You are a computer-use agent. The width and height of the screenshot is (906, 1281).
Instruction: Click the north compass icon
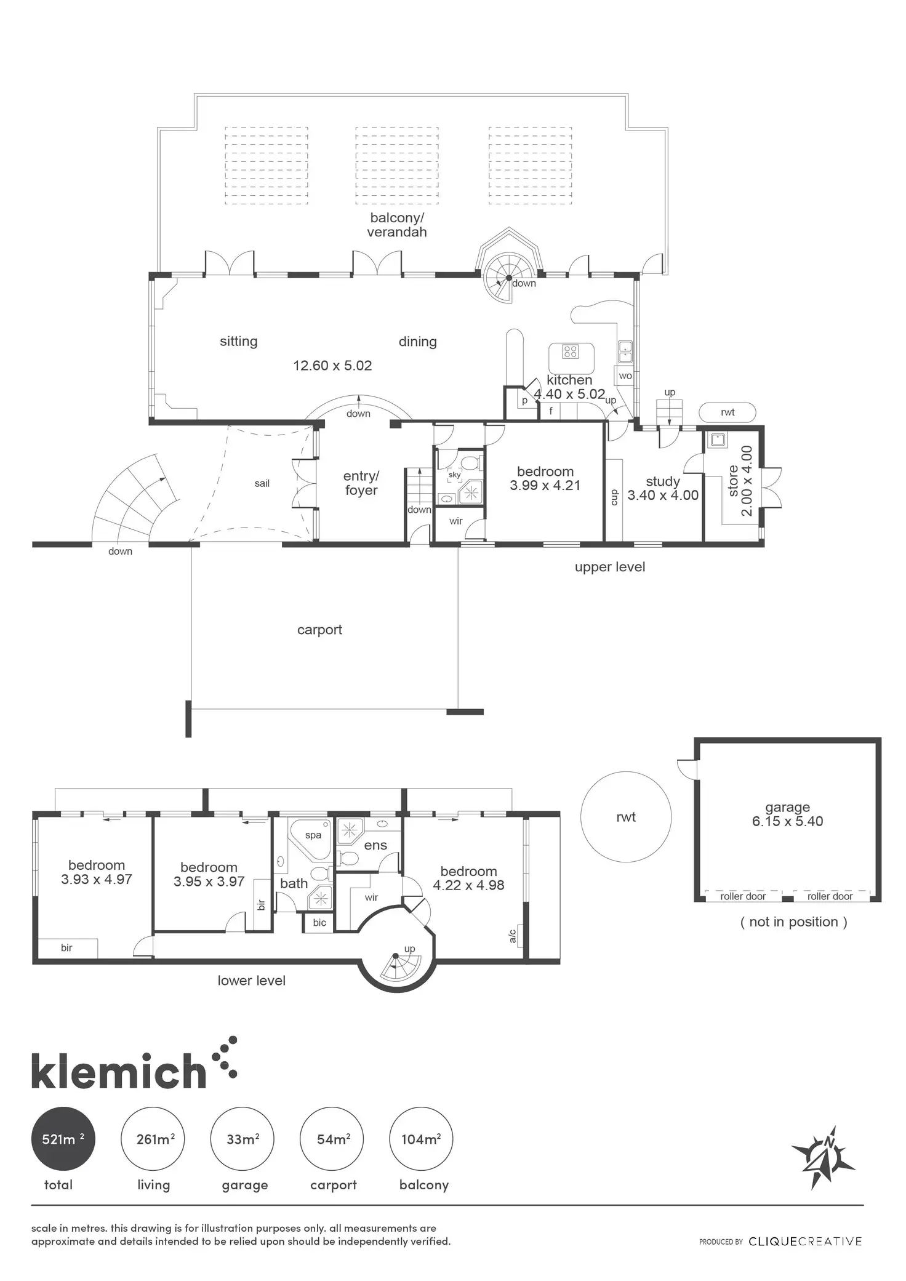[823, 1158]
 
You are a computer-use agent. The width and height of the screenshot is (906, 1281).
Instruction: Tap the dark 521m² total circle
[63, 1139]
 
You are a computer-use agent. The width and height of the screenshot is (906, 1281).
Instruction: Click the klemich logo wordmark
[118, 1072]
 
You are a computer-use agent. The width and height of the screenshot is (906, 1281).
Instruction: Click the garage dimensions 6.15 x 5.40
[787, 821]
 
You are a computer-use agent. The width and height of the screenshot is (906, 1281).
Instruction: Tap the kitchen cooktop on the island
[571, 351]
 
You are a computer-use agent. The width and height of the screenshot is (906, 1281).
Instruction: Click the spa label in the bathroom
[313, 835]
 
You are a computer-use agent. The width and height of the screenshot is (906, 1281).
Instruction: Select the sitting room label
[239, 342]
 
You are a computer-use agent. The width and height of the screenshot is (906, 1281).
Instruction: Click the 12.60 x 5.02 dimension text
[332, 366]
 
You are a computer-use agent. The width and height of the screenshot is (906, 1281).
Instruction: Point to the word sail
[262, 483]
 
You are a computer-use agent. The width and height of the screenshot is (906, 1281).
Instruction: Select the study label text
[663, 481]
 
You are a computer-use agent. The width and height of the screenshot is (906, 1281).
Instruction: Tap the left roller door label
[743, 896]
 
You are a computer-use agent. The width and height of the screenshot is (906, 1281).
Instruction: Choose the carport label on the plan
[319, 630]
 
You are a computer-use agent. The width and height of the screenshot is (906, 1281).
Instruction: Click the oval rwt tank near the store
[728, 412]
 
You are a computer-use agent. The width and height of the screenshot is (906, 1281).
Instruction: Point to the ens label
[375, 845]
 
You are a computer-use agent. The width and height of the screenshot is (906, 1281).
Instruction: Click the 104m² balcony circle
[422, 1139]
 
